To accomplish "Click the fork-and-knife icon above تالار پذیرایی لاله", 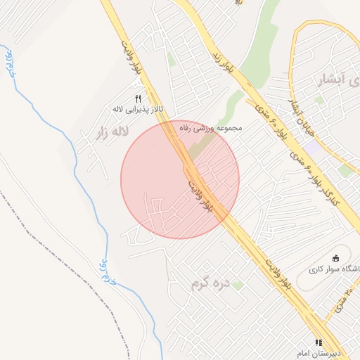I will point(138,98).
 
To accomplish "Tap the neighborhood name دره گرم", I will point(210,285).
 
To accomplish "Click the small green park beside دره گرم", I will point(238,285).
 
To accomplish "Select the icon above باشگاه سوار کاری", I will point(335,257).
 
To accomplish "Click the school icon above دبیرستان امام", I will point(318,342).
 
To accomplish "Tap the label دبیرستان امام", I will point(337,352).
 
